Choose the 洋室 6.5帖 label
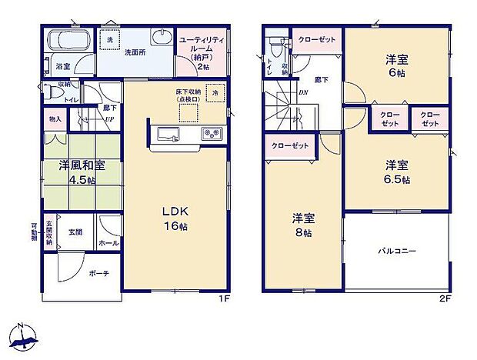point(396,172)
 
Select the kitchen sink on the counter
point(168,135)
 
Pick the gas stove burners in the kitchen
point(210,135)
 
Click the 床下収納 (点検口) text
point(187,96)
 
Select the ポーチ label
point(98,273)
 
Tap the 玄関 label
point(75,232)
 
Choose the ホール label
point(108,243)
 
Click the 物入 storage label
point(55,119)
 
